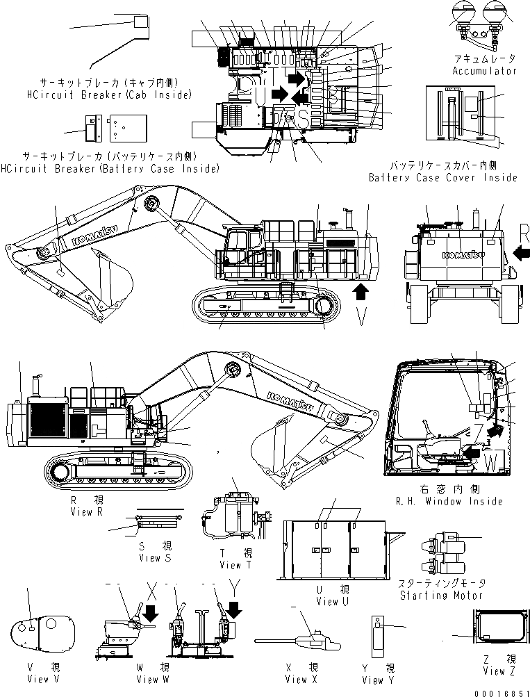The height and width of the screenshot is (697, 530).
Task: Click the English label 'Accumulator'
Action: pyautogui.click(x=484, y=71)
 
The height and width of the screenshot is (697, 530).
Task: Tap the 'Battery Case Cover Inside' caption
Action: pyautogui.click(x=442, y=177)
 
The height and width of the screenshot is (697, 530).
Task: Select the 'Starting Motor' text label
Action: pyautogui.click(x=441, y=595)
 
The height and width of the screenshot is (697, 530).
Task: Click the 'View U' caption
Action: pyautogui.click(x=331, y=601)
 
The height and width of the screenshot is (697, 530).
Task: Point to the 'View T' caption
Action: pyautogui.click(x=231, y=565)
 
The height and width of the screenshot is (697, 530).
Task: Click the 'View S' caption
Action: pyautogui.click(x=150, y=558)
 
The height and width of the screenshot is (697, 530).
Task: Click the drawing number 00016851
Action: pyautogui.click(x=499, y=691)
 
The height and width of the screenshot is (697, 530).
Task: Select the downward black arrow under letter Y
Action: pyautogui.click(x=235, y=609)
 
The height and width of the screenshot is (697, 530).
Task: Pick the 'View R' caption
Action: pyautogui.click(x=87, y=511)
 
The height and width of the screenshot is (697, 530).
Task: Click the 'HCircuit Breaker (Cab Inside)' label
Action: pyautogui.click(x=108, y=94)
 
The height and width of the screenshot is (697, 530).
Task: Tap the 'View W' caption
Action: pyautogui.click(x=155, y=679)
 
